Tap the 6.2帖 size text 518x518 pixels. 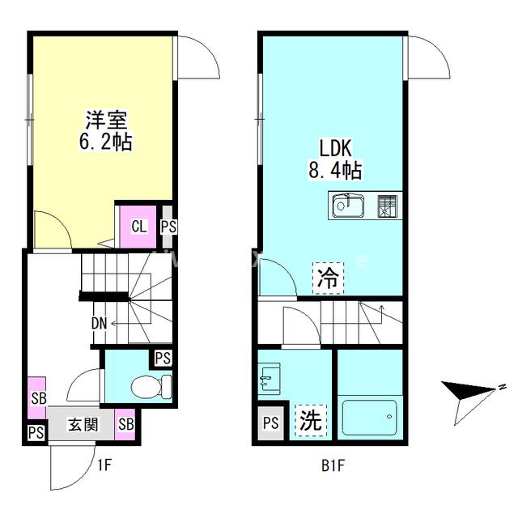point(105,142)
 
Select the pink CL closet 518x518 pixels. point(139,226)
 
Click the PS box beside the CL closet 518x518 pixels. point(168,227)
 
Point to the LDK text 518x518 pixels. point(333,150)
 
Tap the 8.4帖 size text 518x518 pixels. point(334,170)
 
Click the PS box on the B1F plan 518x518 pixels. point(271,422)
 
